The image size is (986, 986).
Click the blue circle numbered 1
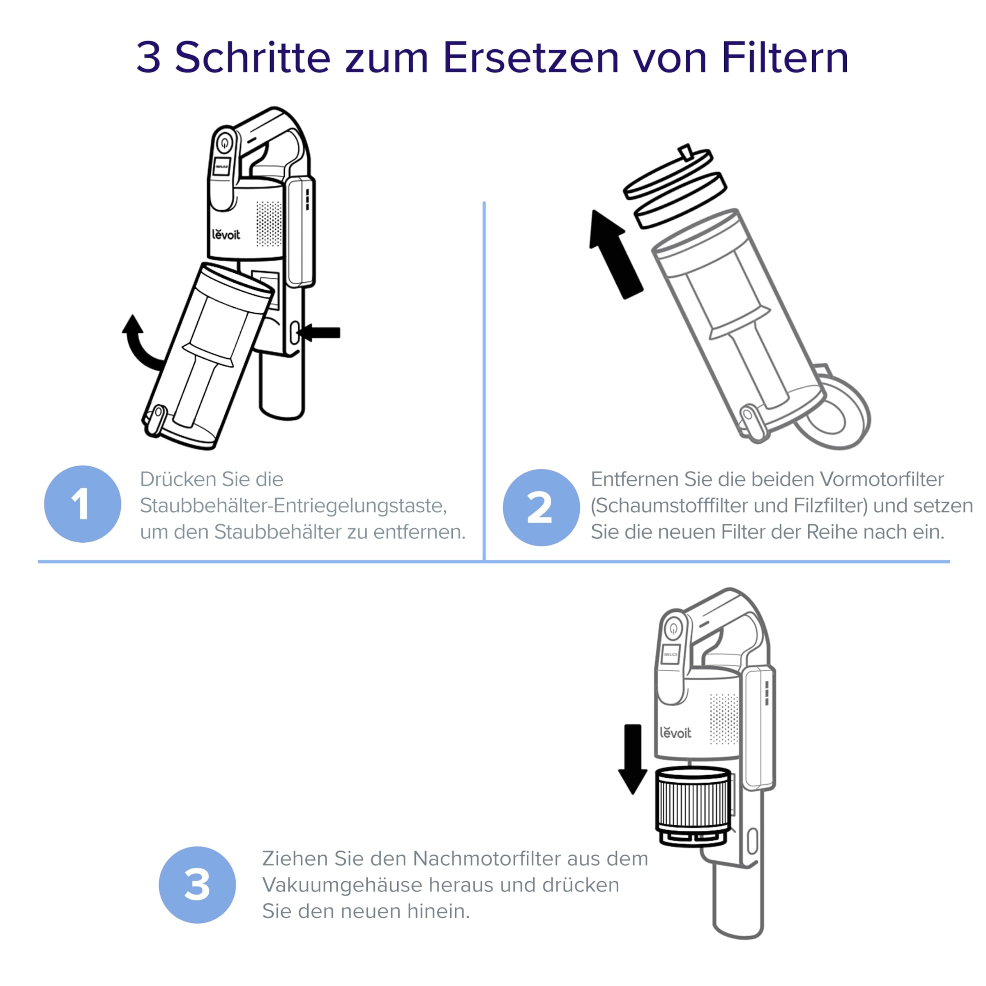pyautogui.click(x=82, y=504)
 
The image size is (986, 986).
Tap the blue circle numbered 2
pyautogui.click(x=541, y=507)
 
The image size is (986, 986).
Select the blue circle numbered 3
pyautogui.click(x=197, y=885)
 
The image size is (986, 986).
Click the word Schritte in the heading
pyautogui.click(x=253, y=58)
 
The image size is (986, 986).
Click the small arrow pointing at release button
pyautogui.click(x=322, y=333)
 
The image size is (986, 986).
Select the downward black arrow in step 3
pyautogui.click(x=633, y=758)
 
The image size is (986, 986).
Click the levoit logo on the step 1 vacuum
pyautogui.click(x=226, y=234)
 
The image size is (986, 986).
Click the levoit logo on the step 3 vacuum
pyautogui.click(x=675, y=733)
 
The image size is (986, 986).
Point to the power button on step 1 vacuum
pyautogui.click(x=225, y=143)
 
